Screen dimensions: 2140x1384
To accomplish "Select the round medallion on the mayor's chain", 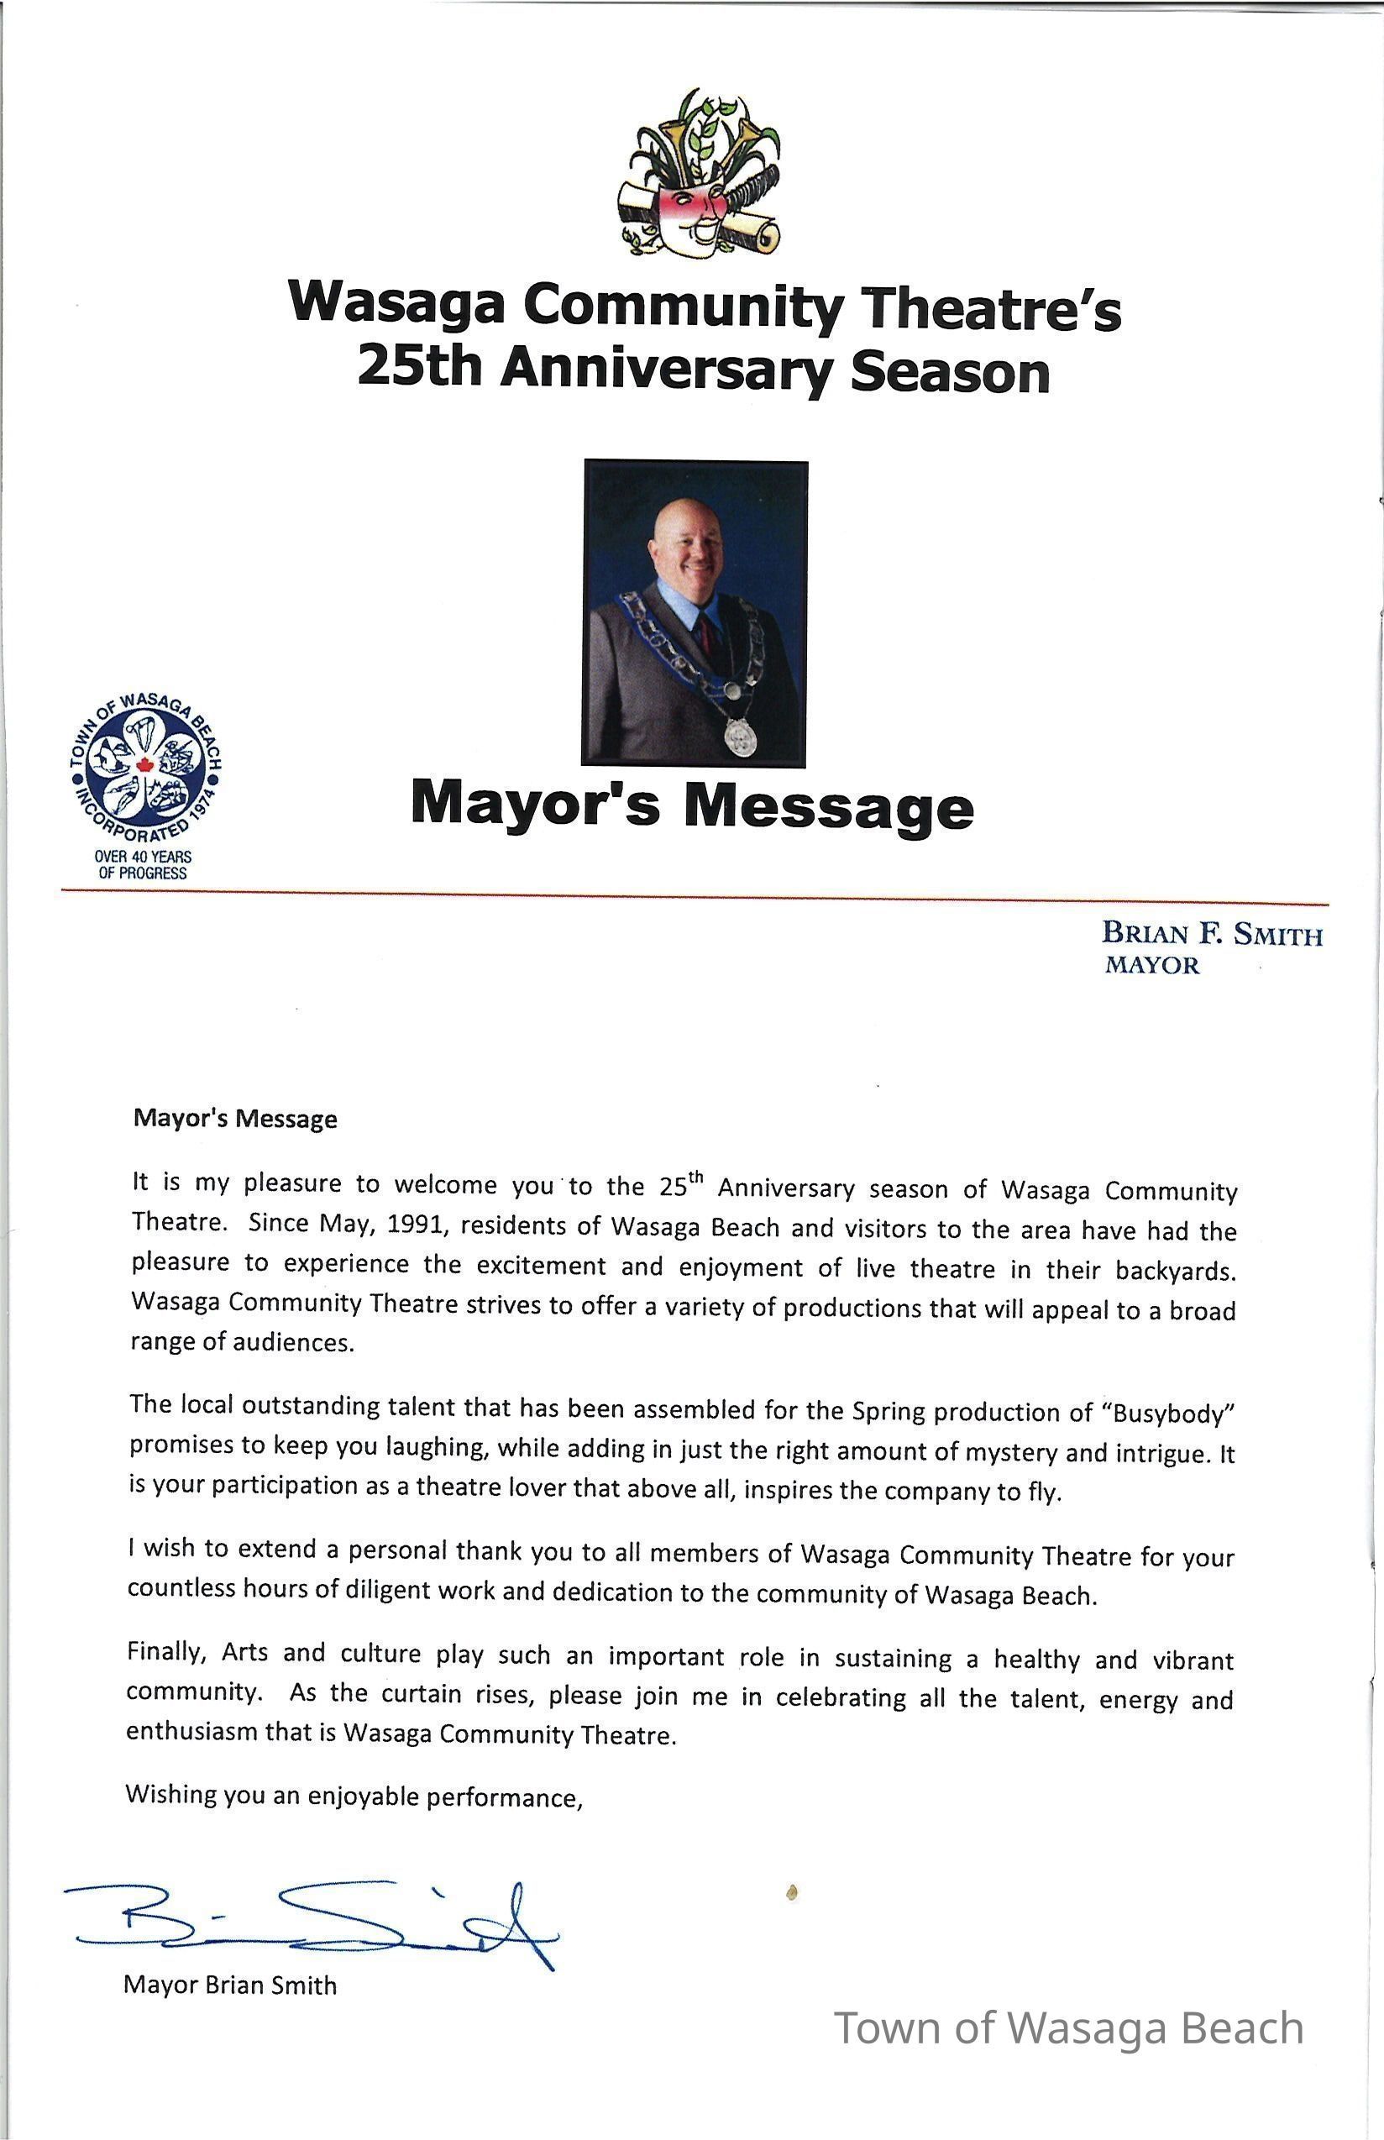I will (740, 737).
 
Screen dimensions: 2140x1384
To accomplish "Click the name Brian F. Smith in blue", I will (1212, 934).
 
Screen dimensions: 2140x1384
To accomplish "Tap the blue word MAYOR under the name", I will (1151, 965).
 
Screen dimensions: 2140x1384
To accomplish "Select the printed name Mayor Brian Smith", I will (230, 1985).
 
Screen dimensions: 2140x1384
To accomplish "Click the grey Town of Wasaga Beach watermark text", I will (1068, 2028).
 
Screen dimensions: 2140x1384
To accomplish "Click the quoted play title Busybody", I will (1174, 1414).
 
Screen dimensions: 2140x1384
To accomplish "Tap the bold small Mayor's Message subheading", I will (235, 1119).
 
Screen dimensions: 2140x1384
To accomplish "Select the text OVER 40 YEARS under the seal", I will (143, 857).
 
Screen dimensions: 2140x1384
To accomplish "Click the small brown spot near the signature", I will (792, 1892).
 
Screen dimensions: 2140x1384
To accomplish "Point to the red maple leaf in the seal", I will (144, 766).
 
